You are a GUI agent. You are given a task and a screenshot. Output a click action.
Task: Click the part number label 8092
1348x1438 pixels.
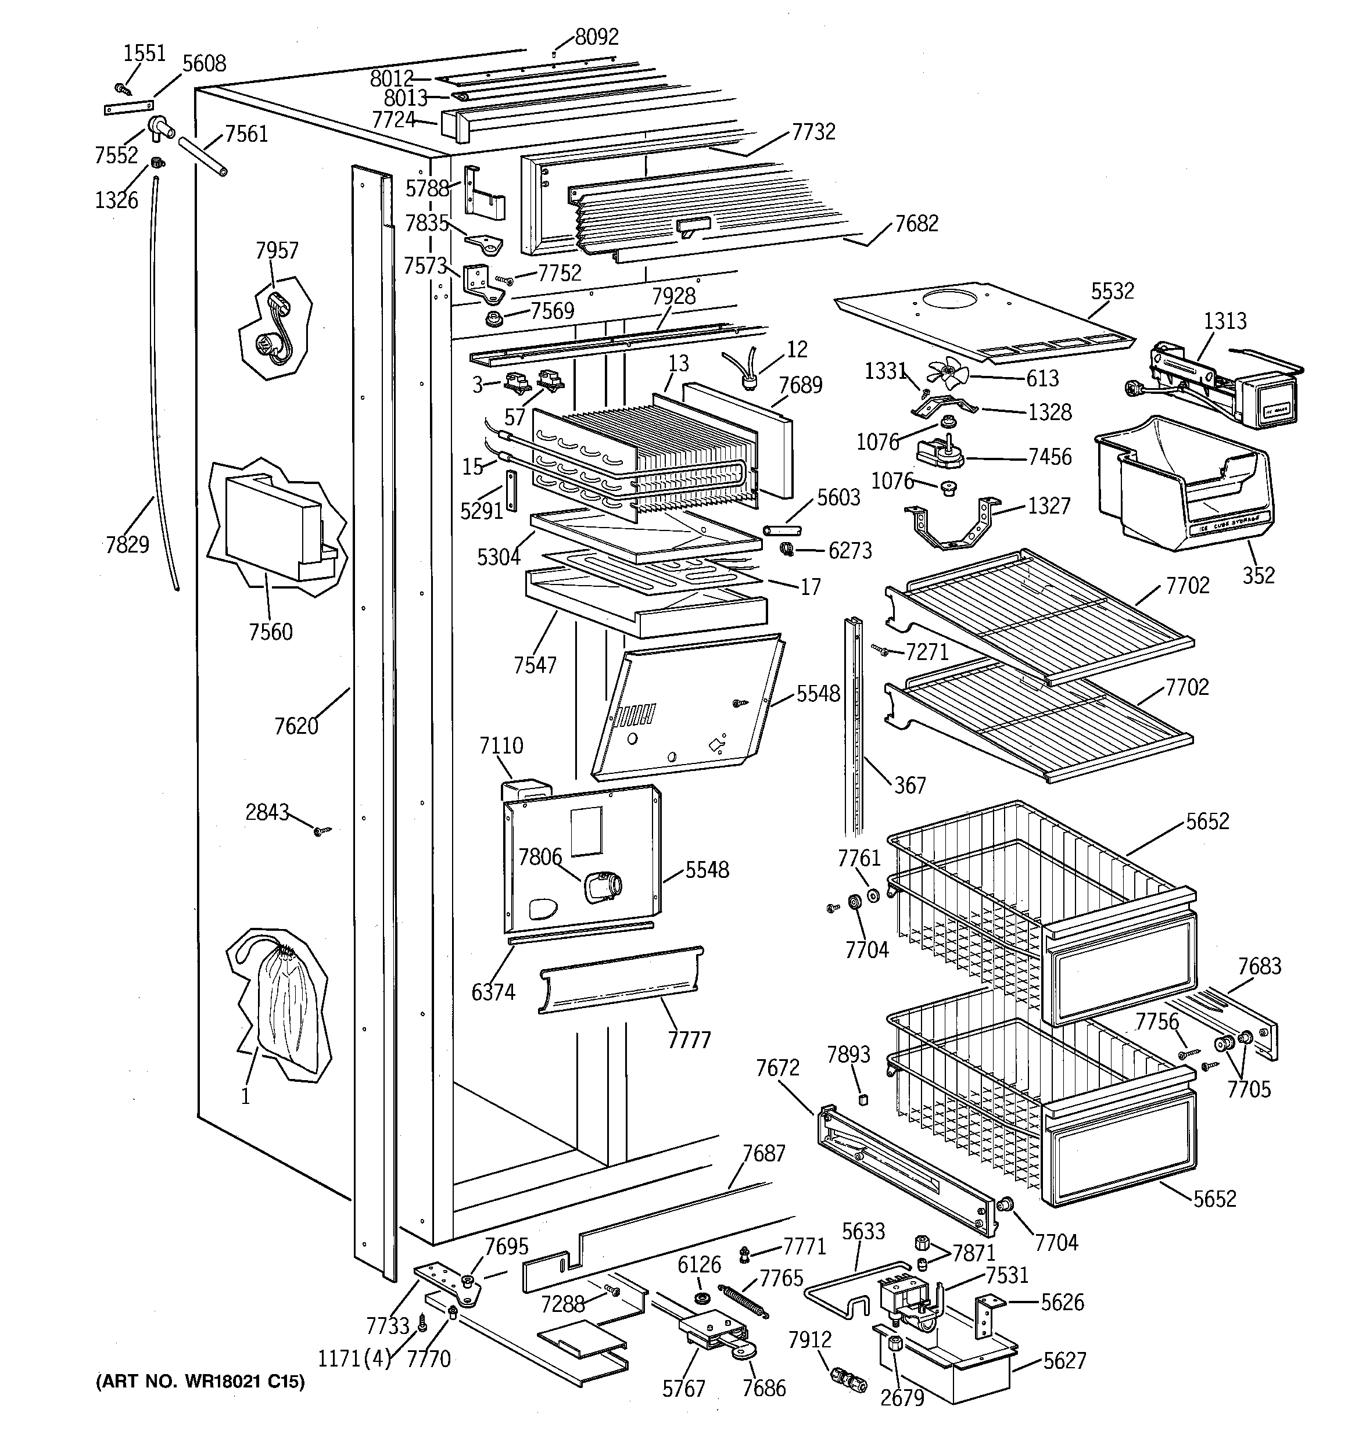[596, 37]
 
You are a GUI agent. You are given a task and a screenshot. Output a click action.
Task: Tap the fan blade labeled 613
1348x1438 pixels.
[946, 373]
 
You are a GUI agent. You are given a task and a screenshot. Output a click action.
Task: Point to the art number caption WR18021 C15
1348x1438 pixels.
[200, 1382]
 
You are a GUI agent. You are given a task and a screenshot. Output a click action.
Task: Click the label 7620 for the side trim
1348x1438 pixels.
[296, 726]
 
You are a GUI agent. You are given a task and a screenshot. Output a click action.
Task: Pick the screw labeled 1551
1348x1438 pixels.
[122, 89]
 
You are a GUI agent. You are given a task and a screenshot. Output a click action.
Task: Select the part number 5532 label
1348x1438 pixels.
[1112, 291]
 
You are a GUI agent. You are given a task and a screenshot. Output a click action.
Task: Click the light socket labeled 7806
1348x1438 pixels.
[602, 887]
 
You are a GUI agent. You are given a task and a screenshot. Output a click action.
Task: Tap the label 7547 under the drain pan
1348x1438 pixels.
[535, 665]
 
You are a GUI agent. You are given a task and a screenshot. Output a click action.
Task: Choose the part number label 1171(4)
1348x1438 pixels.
[354, 1358]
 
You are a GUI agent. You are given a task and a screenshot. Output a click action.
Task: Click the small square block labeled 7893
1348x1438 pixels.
[861, 1099]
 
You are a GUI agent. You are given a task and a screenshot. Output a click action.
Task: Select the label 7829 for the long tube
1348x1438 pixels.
[127, 544]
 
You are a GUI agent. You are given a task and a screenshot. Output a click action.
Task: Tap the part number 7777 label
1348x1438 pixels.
[689, 1040]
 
